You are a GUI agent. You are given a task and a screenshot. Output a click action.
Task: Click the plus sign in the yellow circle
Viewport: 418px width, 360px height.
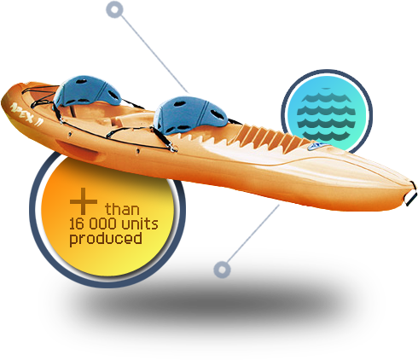click(x=84, y=201)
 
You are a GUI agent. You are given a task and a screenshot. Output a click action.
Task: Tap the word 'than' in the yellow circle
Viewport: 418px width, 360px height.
click(x=122, y=209)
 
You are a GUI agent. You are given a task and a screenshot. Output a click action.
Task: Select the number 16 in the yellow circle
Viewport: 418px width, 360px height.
click(x=77, y=224)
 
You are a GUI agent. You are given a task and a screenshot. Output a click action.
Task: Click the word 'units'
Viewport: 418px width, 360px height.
click(x=140, y=224)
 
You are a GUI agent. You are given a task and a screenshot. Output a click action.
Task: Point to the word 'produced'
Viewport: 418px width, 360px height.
click(x=106, y=239)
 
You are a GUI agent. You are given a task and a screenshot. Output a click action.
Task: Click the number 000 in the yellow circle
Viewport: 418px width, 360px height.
click(x=102, y=224)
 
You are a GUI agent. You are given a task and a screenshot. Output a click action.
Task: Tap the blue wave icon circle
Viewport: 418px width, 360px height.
click(x=327, y=114)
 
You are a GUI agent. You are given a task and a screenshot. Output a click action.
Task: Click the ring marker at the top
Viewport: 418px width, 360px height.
click(x=114, y=9)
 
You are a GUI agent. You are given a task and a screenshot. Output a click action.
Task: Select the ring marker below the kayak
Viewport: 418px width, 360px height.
click(x=222, y=270)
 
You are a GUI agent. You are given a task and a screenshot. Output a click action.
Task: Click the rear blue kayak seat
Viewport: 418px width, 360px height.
click(x=87, y=91)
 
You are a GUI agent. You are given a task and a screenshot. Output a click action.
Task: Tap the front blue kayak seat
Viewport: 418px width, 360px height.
click(x=190, y=114)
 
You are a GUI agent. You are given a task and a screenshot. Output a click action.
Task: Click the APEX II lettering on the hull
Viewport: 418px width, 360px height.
click(x=26, y=113)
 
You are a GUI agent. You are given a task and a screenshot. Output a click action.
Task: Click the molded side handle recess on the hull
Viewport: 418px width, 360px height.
click(x=77, y=148)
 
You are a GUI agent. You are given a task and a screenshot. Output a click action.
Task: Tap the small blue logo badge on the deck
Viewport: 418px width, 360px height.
click(x=318, y=147)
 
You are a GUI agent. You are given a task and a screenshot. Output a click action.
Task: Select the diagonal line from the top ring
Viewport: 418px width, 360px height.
click(x=154, y=53)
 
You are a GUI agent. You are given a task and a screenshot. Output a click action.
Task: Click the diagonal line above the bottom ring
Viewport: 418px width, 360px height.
click(x=253, y=234)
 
